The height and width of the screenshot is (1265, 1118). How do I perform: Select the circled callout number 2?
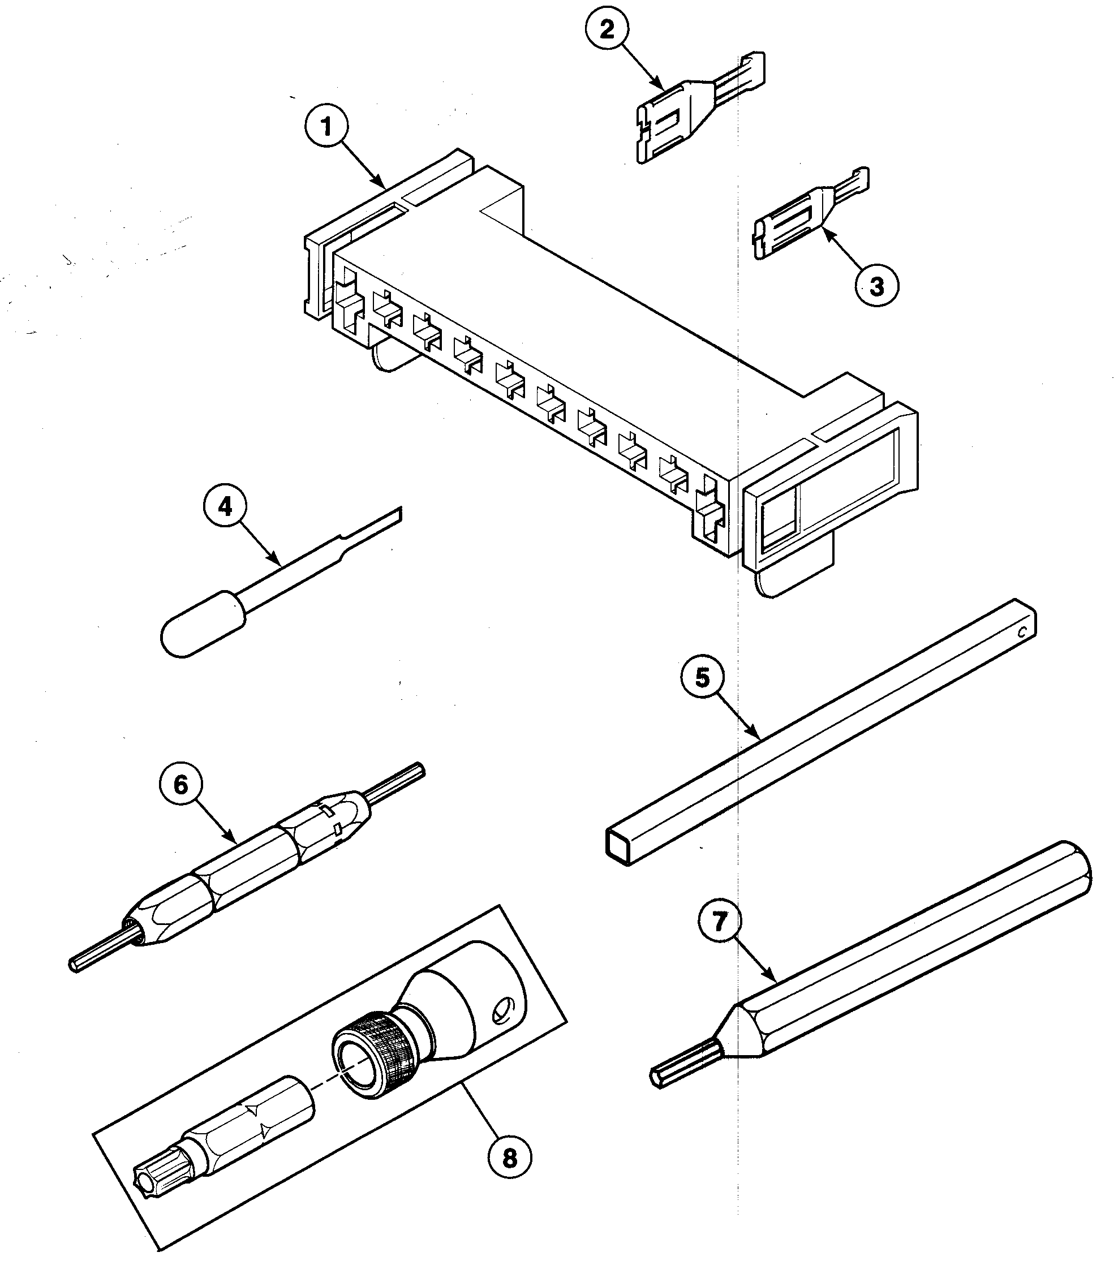coord(607,29)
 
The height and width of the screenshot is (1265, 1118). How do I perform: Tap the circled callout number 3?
coord(876,286)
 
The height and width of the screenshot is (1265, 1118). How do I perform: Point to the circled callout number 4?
coord(224,507)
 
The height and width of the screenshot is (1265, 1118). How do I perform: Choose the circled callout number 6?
coord(180,785)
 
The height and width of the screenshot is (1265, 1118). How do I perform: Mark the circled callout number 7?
coord(719,940)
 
